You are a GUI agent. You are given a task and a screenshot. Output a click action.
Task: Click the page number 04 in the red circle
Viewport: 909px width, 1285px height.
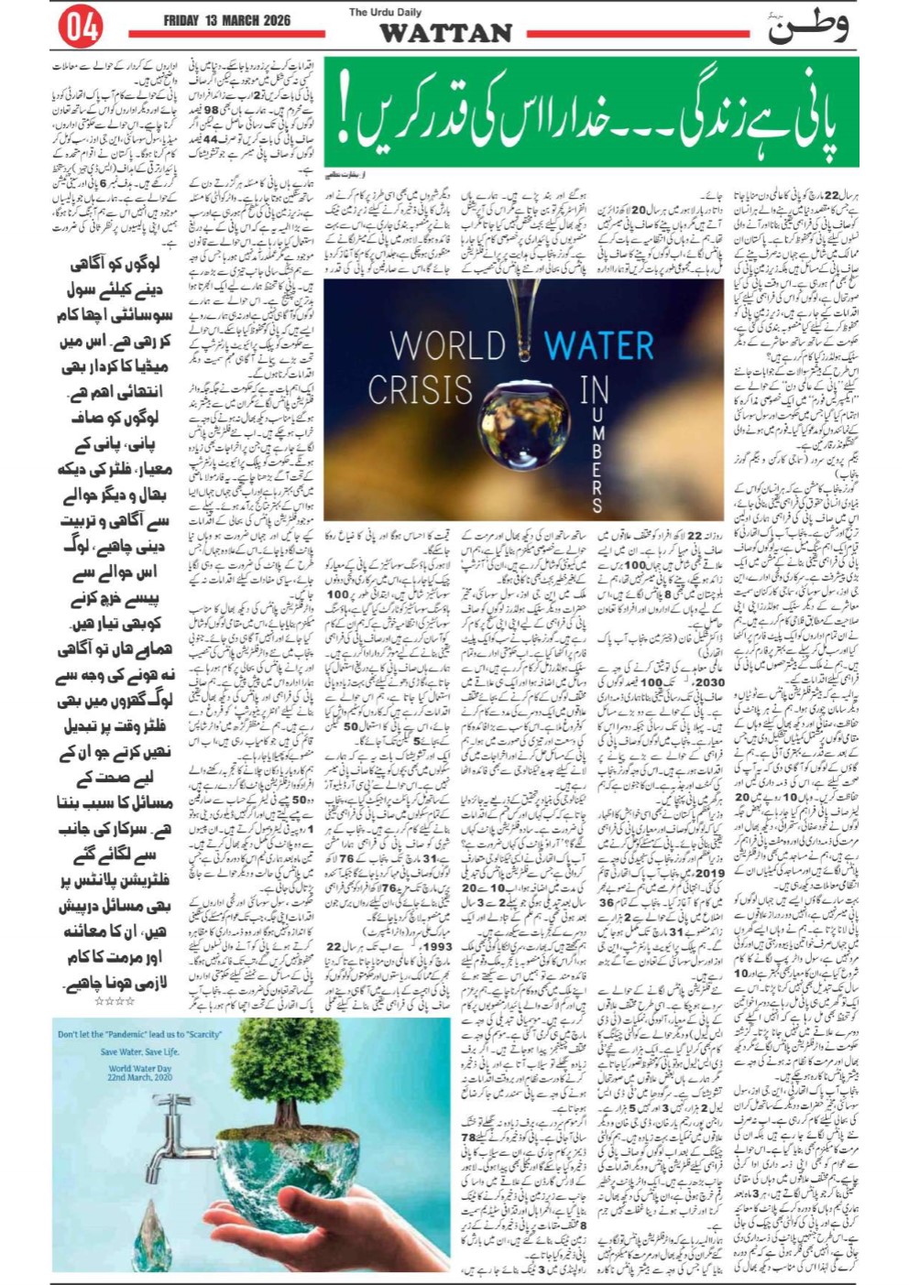click(x=80, y=27)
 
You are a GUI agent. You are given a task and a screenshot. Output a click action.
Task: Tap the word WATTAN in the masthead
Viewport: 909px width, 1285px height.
click(x=445, y=34)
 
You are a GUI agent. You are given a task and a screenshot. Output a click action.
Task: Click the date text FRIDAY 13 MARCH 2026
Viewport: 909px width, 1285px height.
click(x=227, y=21)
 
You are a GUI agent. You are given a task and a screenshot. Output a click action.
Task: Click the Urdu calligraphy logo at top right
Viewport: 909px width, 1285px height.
click(x=806, y=27)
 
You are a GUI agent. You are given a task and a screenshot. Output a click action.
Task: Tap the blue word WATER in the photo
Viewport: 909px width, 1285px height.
click(x=598, y=346)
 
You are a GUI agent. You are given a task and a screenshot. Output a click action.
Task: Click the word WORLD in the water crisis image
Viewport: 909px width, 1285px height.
click(x=447, y=347)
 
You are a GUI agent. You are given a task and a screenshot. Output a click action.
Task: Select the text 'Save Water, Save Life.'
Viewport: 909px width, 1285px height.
click(x=139, y=1052)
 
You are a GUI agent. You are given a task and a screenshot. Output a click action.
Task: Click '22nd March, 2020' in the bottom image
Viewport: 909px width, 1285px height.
click(x=140, y=1077)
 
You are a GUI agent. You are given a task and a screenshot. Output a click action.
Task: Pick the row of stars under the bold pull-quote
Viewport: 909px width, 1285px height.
click(x=115, y=1001)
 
